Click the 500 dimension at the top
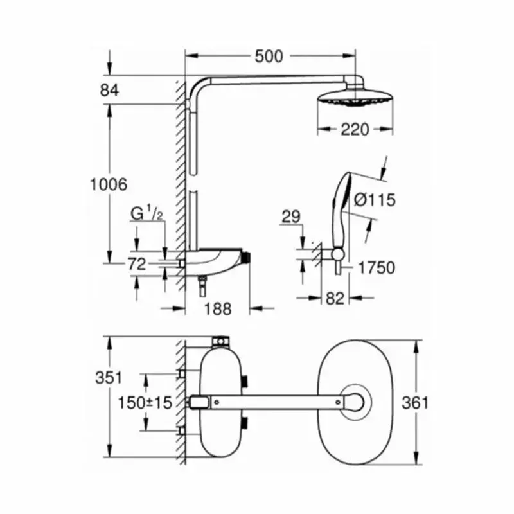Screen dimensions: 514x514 pos(268,57)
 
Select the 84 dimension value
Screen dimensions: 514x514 pos(110,90)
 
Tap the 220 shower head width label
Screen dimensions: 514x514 pos(355,130)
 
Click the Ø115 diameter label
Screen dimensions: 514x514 pos(373,200)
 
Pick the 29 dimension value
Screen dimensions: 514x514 pos(290,217)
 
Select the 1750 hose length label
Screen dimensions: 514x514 pos(377,267)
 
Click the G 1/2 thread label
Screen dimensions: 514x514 pos(148,212)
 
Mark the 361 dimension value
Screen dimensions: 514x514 pos(415,403)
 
